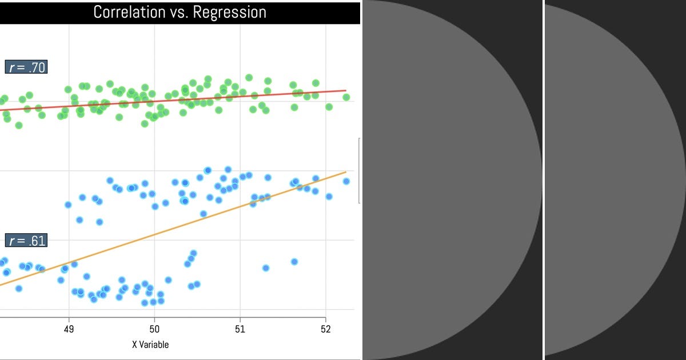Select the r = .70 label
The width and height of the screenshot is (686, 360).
(x=26, y=67)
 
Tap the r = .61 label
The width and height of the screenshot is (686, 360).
(x=26, y=241)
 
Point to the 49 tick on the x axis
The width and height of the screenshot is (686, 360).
(x=69, y=330)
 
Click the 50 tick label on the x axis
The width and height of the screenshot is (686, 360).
(x=154, y=330)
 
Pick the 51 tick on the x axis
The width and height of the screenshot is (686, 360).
(x=240, y=330)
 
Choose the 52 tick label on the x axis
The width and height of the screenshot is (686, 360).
(x=325, y=330)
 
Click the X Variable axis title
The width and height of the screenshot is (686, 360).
(x=150, y=345)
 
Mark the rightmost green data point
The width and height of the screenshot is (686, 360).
(x=346, y=97)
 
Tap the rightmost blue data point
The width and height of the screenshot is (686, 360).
(x=346, y=181)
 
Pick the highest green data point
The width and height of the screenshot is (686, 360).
(x=249, y=77)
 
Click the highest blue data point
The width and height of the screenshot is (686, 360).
(x=228, y=169)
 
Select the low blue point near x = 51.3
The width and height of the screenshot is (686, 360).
(x=265, y=268)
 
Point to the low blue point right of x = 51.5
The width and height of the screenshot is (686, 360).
(x=294, y=262)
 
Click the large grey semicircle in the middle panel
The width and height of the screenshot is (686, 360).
(x=446, y=180)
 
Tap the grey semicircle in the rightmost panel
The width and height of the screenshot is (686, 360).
(x=612, y=180)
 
